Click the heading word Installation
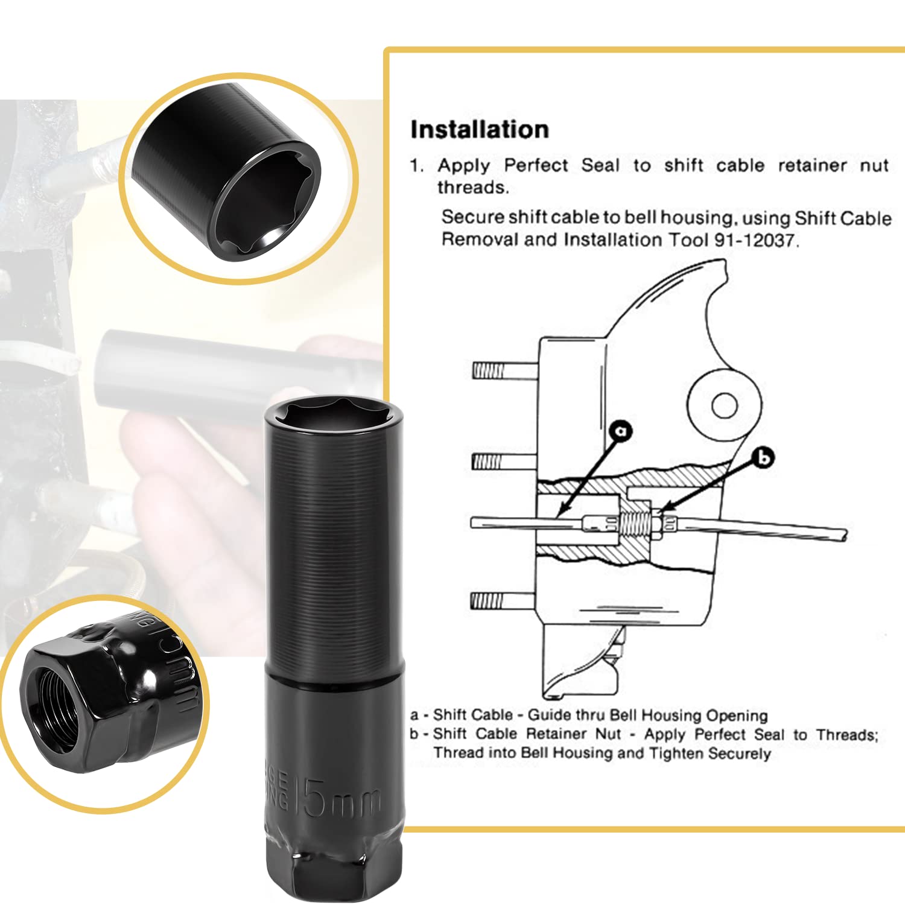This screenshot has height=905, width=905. click(480, 130)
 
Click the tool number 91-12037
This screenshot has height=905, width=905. click(755, 240)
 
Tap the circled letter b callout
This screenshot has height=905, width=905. click(764, 458)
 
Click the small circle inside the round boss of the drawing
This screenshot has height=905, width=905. click(724, 405)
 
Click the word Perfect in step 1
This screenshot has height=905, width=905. click(536, 165)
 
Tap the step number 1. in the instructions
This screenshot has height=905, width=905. click(417, 165)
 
